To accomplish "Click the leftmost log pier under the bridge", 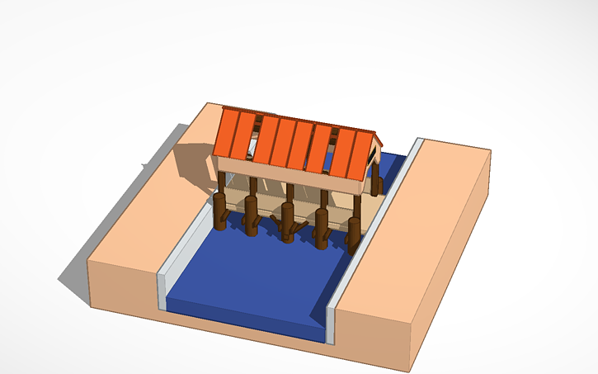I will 220,211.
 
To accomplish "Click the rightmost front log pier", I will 355,233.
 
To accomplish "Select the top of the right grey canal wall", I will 379,223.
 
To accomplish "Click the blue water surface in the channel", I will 256,281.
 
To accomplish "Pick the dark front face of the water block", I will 247,325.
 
